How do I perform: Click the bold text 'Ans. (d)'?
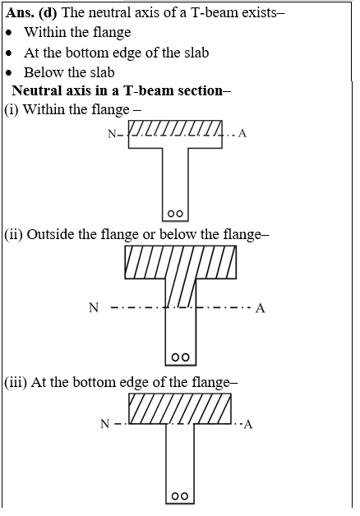pos(31,13)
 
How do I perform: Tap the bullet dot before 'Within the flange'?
pos(10,33)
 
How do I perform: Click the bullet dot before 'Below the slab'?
pos(10,73)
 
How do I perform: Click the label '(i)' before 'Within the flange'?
pos(12,109)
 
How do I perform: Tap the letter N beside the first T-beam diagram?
pos(112,134)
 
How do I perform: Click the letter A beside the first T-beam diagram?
pos(242,133)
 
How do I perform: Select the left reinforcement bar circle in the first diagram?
pos(171,214)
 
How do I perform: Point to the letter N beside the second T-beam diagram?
pos(94,307)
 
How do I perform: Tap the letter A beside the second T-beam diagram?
pos(261,308)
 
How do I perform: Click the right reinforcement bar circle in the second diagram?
pos(186,357)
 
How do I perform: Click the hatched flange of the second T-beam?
pos(180,262)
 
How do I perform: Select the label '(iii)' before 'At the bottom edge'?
pos(16,382)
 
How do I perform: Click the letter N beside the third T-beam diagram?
pos(104,423)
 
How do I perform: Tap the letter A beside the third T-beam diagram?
pos(248,425)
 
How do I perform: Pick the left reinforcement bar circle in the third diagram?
pos(175,496)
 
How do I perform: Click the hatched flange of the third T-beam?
pos(180,408)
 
